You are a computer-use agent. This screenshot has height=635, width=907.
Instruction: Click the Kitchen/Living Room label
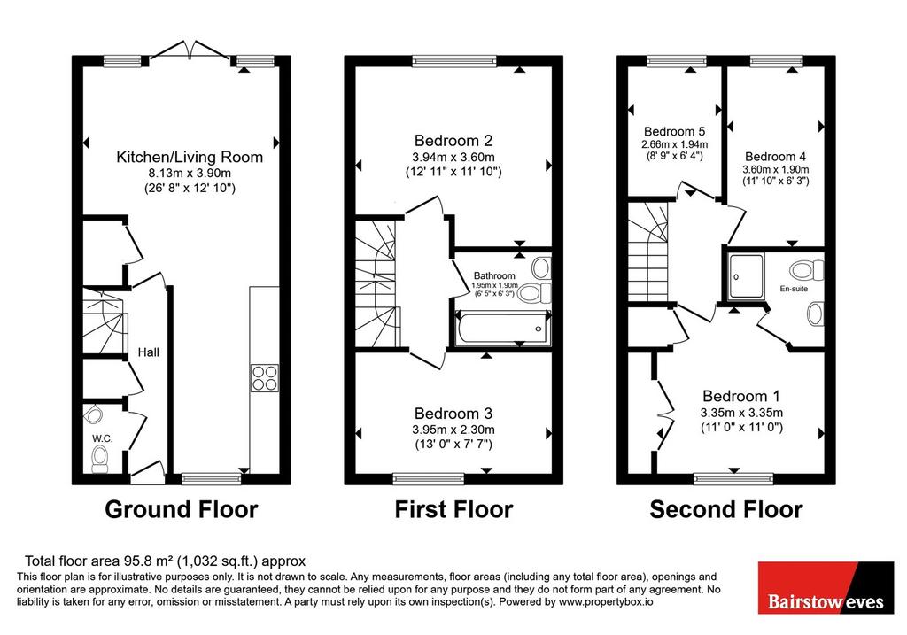(x=190, y=157)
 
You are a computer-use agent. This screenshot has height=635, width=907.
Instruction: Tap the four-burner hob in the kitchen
(x=265, y=378)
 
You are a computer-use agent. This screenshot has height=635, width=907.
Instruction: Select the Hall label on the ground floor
(x=149, y=352)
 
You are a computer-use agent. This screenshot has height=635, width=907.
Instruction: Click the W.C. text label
(x=102, y=438)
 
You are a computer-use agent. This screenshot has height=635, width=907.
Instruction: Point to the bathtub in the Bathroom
(x=503, y=329)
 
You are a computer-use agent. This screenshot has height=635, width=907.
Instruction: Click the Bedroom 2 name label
(x=453, y=141)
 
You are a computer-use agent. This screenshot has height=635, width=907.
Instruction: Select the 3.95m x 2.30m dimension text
(x=453, y=430)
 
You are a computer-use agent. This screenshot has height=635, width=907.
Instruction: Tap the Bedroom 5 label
(x=674, y=131)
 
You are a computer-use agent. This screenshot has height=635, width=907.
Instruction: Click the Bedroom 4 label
(x=776, y=156)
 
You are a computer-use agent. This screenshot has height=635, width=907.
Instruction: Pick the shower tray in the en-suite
(x=746, y=276)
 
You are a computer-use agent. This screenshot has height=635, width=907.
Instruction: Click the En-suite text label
(x=794, y=289)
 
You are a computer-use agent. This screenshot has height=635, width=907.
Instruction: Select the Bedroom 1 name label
(x=741, y=396)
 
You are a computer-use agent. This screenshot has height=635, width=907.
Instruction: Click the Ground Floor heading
(x=181, y=509)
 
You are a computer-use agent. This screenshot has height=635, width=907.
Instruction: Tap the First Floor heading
(x=453, y=509)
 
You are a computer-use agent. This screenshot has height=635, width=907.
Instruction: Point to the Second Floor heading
(x=726, y=509)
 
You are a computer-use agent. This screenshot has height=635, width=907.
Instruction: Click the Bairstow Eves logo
(x=826, y=587)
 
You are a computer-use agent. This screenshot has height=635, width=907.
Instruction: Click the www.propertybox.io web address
(x=606, y=602)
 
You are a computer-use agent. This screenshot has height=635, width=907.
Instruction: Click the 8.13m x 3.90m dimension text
(x=190, y=173)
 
